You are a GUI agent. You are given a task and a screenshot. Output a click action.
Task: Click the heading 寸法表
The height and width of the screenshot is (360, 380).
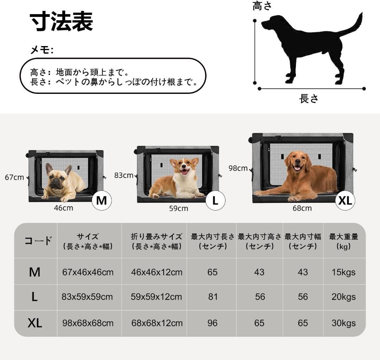click(x=62, y=22)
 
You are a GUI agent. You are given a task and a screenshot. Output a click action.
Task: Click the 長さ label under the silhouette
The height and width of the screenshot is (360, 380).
click(x=309, y=98)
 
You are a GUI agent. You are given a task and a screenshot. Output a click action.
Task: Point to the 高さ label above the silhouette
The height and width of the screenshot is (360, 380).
click(x=262, y=6)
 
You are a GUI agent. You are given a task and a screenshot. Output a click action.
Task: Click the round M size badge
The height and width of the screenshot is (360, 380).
click(x=101, y=200)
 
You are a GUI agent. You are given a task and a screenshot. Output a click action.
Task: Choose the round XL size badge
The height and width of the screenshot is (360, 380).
click(x=345, y=200)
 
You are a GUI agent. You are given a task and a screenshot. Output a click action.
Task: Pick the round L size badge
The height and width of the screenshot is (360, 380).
click(x=215, y=200)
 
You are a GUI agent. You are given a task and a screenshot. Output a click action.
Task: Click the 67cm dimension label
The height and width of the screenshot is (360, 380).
click(x=14, y=177)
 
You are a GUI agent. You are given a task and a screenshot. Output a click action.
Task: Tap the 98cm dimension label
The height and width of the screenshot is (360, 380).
click(x=238, y=168)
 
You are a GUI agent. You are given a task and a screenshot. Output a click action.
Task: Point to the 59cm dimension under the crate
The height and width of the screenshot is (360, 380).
click(x=178, y=208)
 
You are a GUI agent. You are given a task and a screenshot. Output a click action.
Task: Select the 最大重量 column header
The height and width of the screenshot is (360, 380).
click(x=343, y=241)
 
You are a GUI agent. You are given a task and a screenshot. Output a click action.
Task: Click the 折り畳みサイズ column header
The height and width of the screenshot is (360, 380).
click(x=157, y=241)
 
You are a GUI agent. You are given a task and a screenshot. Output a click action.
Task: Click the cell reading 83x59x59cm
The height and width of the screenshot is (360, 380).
click(x=87, y=297)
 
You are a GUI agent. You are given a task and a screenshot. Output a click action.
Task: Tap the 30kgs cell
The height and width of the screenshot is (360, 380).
click(x=343, y=323)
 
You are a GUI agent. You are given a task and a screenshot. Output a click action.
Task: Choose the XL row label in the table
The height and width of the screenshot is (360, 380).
click(x=34, y=323)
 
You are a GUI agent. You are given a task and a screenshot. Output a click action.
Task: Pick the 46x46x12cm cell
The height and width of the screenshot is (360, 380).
click(x=157, y=272)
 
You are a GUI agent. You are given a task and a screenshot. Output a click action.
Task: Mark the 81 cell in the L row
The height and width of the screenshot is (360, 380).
click(x=213, y=297)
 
